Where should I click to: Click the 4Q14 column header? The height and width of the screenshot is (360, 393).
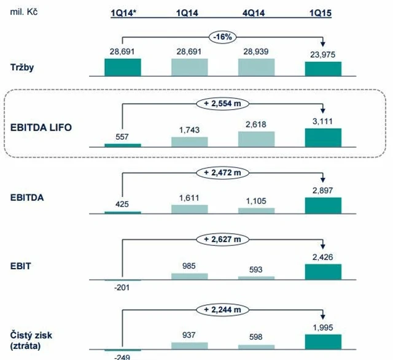point(256,13)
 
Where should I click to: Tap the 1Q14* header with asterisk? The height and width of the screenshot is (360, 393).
point(123,13)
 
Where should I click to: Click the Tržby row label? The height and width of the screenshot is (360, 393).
point(23,67)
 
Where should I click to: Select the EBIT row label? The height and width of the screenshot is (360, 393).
point(20,267)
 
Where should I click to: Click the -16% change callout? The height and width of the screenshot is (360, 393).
point(223,36)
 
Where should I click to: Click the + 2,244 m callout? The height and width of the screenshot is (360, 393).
point(223,309)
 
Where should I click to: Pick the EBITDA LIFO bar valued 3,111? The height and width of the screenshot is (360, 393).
point(323,137)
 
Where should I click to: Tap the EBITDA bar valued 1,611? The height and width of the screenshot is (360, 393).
point(190,209)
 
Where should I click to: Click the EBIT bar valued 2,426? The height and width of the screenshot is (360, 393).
point(323,272)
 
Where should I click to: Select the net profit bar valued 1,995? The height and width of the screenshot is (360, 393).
point(323,342)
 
